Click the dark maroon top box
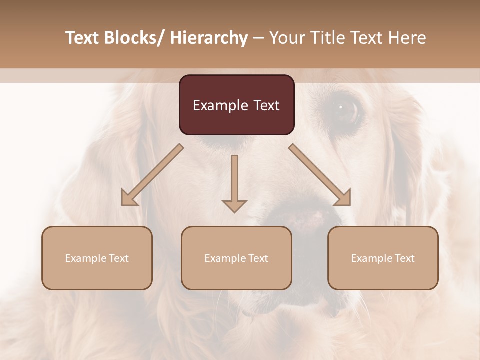236,105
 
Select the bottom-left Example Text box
97,258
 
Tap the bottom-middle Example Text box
236,258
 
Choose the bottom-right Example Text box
383,258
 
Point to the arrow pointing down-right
320,175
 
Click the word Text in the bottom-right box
405,258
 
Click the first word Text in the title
82,38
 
